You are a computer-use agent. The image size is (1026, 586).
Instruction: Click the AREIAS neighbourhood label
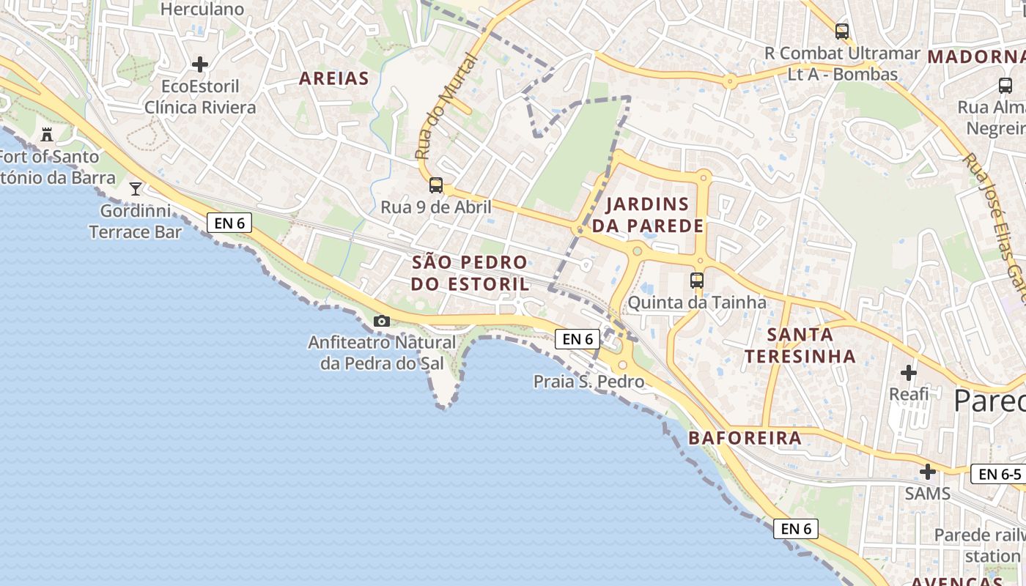[x=333, y=78]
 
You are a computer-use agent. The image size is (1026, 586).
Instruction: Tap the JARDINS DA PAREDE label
[x=647, y=215]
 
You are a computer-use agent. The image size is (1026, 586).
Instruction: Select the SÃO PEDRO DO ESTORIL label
[x=469, y=272]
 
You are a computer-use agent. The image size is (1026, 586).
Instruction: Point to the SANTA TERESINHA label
[x=800, y=345]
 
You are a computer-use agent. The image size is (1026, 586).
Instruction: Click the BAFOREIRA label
[x=745, y=438]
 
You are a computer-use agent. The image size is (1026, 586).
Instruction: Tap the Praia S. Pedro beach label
[x=588, y=382]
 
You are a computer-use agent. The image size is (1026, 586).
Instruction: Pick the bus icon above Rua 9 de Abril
[x=436, y=185]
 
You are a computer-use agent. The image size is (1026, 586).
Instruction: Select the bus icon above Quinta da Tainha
[x=697, y=280]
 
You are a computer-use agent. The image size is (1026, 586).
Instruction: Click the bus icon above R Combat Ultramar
[x=842, y=31]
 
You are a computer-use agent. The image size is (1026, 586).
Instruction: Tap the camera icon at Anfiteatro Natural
[x=382, y=321]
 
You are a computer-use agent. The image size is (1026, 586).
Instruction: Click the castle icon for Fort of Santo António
[x=48, y=134]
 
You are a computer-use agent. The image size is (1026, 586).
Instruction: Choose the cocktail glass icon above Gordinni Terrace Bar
[x=136, y=189]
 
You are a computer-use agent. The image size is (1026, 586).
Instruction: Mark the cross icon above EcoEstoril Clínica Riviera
[x=200, y=64]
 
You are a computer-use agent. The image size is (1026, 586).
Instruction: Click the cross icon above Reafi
[x=909, y=373]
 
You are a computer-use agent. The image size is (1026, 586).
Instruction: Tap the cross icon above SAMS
[x=928, y=471]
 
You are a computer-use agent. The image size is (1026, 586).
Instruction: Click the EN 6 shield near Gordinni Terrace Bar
[x=229, y=223]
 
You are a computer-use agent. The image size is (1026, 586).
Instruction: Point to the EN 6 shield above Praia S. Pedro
[x=577, y=338]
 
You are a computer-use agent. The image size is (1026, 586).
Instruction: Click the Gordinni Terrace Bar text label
[x=136, y=221]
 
